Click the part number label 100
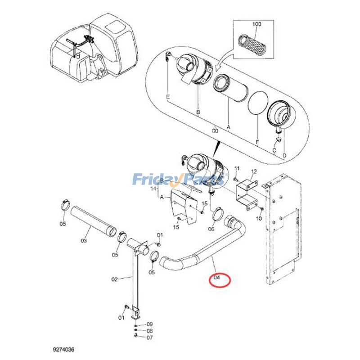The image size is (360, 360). pyautogui.click(x=256, y=23)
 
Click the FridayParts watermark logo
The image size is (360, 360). pyautogui.click(x=178, y=180)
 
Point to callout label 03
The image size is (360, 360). pyautogui.click(x=84, y=241)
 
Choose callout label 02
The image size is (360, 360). pyautogui.click(x=114, y=279)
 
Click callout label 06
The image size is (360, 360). pyautogui.click(x=211, y=229)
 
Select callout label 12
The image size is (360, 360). pyautogui.click(x=253, y=171)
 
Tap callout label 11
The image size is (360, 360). pyautogui.click(x=238, y=168)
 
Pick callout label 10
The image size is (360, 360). pyautogui.click(x=258, y=218)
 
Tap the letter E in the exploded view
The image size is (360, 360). pyautogui.click(x=168, y=97)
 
